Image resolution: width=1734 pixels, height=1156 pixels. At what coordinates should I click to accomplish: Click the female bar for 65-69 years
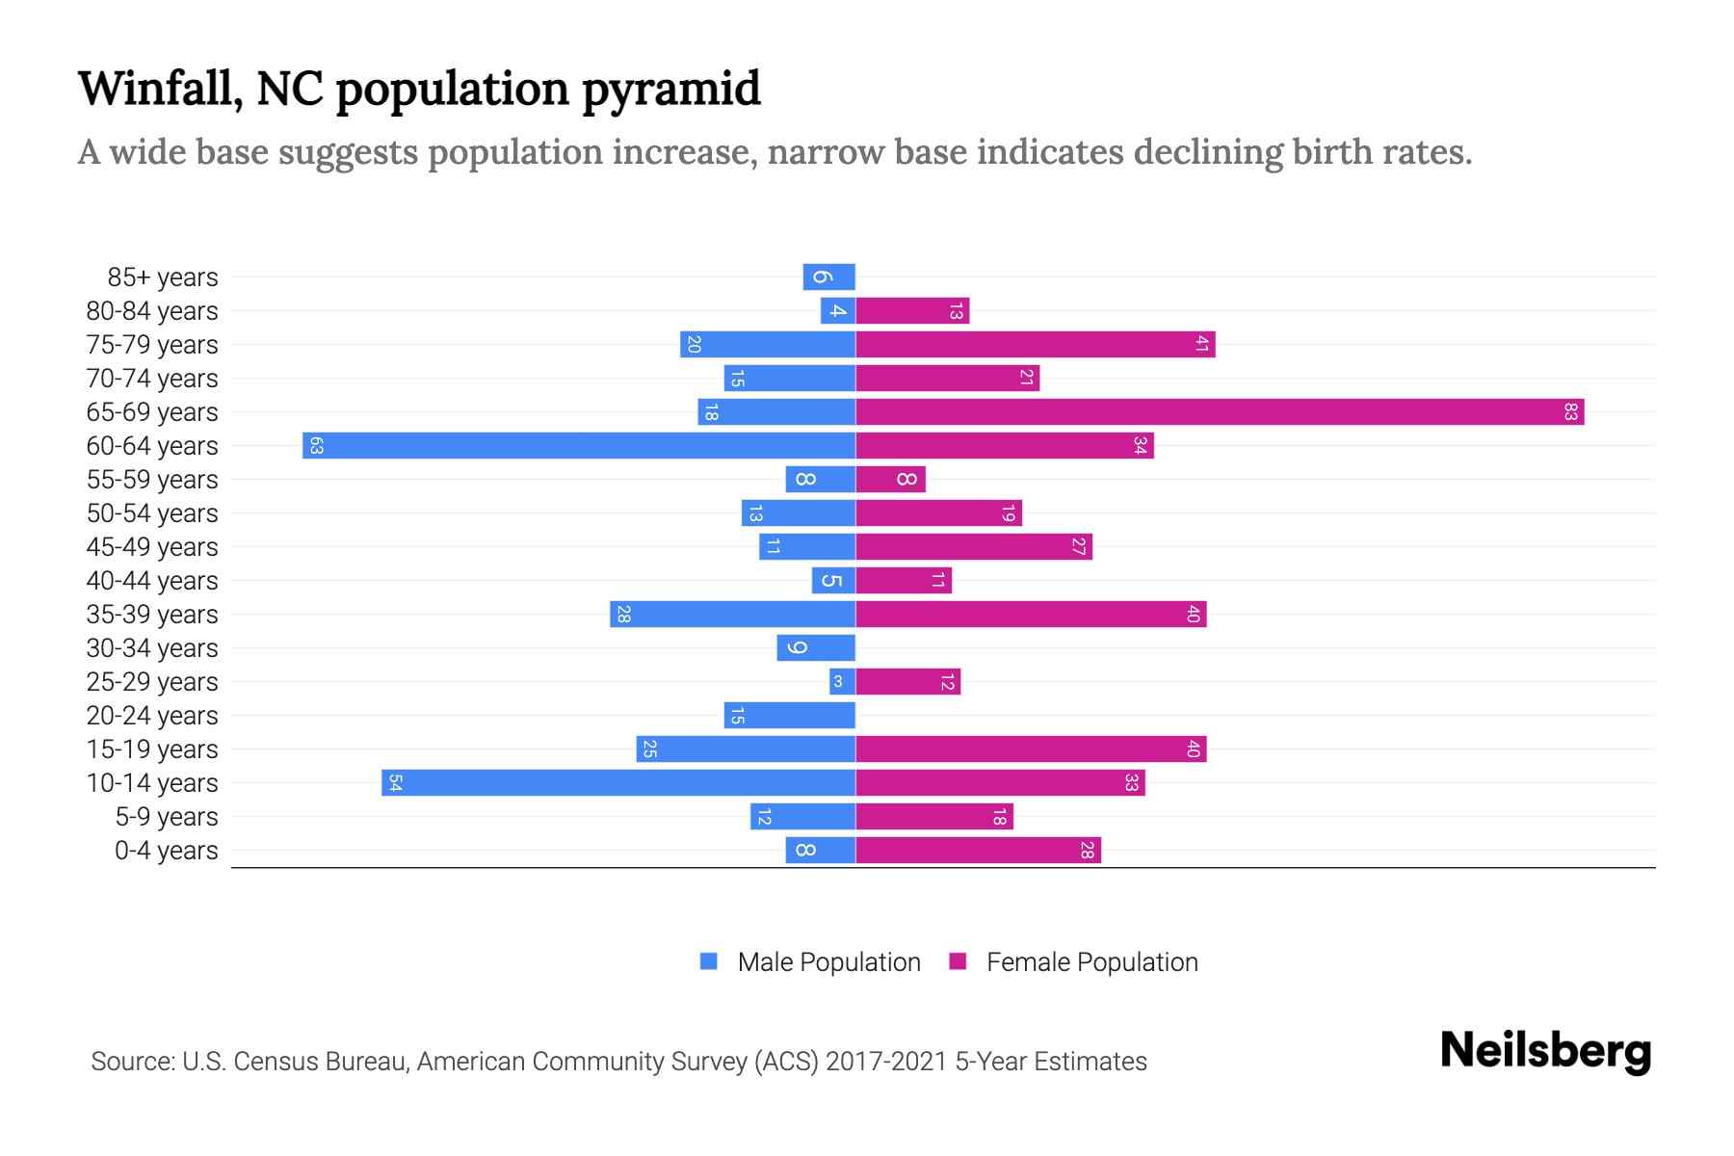[1220, 412]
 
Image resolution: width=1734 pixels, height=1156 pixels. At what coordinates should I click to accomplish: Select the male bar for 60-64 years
[579, 446]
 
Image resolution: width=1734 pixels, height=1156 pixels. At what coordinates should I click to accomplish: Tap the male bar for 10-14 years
[618, 783]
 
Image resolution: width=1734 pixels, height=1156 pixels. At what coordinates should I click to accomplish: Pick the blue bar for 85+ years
[829, 277]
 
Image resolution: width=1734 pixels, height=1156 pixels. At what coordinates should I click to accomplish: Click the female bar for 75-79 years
[1036, 345]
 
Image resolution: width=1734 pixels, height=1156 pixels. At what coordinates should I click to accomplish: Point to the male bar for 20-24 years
[790, 716]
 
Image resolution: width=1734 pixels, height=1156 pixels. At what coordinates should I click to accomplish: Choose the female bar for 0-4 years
[978, 851]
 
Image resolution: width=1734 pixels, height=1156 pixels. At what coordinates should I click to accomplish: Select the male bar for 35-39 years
[732, 615]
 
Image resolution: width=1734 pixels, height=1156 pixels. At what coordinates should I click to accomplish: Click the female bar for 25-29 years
[908, 682]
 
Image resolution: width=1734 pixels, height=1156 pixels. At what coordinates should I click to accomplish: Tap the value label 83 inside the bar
[1571, 412]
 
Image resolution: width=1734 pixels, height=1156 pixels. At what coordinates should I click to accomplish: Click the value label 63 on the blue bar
[316, 446]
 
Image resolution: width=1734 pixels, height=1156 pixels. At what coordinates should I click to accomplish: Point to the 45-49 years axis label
[152, 547]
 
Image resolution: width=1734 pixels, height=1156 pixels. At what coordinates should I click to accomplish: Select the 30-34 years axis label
[152, 648]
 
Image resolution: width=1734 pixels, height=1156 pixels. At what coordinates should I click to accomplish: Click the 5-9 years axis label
[167, 817]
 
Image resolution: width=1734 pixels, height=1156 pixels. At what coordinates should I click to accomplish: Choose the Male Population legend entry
[828, 962]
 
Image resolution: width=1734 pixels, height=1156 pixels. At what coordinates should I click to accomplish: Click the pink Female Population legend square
[958, 961]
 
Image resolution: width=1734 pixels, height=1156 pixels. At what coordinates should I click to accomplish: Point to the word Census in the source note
[273, 1062]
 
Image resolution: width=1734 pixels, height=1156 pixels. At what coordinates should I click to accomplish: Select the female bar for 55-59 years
[891, 480]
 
